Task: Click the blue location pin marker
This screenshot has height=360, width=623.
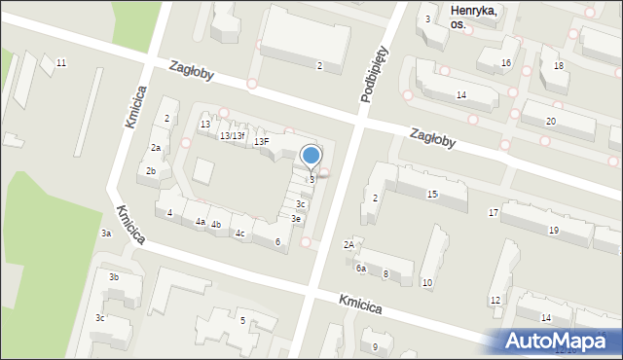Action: [x=311, y=157]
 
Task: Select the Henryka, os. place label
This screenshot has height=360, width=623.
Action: [x=474, y=18]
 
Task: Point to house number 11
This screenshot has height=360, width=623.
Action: [x=61, y=63]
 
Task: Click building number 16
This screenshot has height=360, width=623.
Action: [x=505, y=63]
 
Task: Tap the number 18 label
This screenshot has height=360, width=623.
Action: [x=558, y=65]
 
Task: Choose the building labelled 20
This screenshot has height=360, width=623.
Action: [x=551, y=121]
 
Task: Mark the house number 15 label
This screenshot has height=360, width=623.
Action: [x=432, y=195]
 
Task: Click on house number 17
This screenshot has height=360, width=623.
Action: [x=494, y=212]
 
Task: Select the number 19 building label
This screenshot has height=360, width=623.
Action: [x=553, y=230]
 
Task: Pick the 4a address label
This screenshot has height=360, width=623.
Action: [x=201, y=222]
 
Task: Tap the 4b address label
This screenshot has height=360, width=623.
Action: [x=216, y=225]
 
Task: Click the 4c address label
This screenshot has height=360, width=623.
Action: [x=239, y=234]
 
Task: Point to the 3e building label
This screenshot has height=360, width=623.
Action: [x=296, y=219]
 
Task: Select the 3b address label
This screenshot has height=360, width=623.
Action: [x=114, y=277]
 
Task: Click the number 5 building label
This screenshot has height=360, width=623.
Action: [x=242, y=320]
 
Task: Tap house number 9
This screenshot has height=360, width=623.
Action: [x=375, y=346]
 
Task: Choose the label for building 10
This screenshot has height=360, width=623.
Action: [x=427, y=282]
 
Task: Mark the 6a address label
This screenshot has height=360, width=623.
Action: [x=360, y=268]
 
